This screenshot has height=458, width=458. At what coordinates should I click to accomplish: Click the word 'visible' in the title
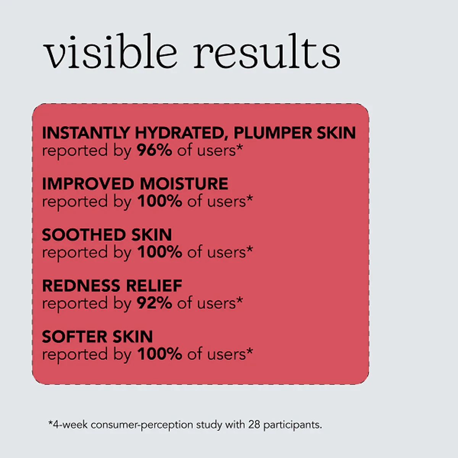(110, 52)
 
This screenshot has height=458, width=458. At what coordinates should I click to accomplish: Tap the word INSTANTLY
(85, 132)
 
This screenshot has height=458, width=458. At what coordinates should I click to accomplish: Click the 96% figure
(154, 150)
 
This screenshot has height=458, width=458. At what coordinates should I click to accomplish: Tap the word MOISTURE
(184, 184)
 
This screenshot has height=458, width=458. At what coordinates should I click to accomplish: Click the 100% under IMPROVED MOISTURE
(160, 201)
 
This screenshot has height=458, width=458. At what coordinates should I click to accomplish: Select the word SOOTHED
(84, 235)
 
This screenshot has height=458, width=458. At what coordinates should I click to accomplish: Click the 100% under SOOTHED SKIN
(160, 252)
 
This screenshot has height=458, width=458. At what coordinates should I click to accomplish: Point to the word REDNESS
(81, 285)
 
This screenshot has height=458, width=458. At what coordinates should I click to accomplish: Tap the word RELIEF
(154, 285)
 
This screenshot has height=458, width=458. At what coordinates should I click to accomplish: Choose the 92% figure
(154, 303)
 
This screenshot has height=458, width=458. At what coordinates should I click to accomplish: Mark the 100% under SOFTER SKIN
(160, 354)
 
